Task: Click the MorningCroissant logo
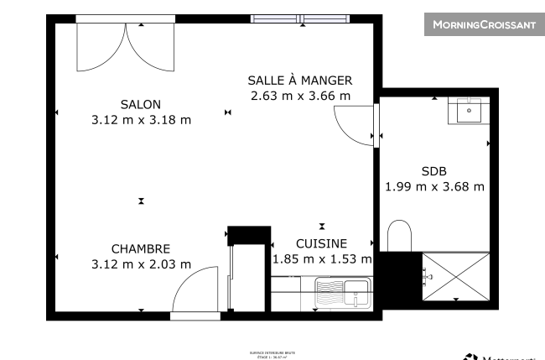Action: click(x=483, y=25)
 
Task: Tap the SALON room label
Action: click(x=141, y=104)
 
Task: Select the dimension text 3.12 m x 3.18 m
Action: click(x=141, y=119)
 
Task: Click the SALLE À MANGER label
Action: click(x=299, y=81)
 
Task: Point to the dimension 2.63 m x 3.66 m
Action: click(x=299, y=96)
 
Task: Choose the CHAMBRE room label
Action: click(x=141, y=249)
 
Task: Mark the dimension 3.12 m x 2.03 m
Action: click(x=141, y=264)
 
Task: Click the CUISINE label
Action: click(x=322, y=243)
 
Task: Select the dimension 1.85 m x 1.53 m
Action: click(x=322, y=259)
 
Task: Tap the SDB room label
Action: click(x=434, y=170)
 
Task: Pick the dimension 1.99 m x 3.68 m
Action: click(x=434, y=186)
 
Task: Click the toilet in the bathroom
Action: click(x=400, y=236)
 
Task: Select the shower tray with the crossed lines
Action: click(x=455, y=276)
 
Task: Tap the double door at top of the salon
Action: click(x=125, y=46)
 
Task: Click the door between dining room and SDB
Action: click(x=356, y=126)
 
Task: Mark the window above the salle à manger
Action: click(x=301, y=18)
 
